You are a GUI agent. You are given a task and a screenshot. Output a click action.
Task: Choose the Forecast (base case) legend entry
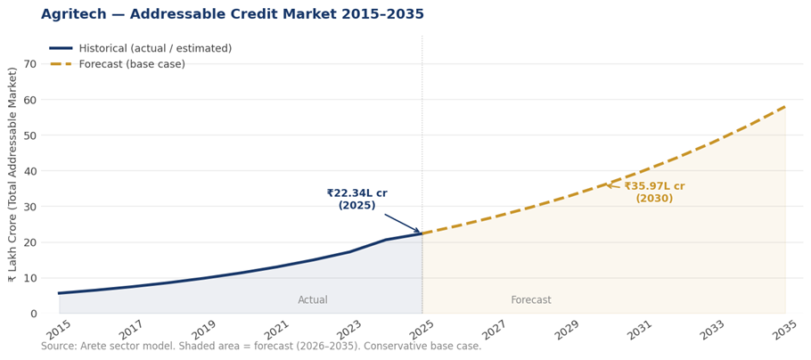[x=131, y=64]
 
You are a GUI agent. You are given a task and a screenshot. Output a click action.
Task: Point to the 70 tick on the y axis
[x=30, y=64]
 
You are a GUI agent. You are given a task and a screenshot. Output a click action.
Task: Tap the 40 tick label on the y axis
[x=30, y=171]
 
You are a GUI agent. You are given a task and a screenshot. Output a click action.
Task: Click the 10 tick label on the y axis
[x=30, y=278]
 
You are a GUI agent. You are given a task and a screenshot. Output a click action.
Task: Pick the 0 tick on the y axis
[x=33, y=314]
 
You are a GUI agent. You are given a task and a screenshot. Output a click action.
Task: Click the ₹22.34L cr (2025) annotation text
[x=356, y=199]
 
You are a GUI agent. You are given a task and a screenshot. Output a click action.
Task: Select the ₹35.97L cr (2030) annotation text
[x=654, y=192]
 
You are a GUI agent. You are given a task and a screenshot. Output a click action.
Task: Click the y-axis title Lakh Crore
[x=12, y=175]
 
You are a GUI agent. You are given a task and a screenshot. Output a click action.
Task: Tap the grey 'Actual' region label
[x=313, y=300]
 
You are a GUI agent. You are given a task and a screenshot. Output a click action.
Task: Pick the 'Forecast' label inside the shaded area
[x=531, y=300]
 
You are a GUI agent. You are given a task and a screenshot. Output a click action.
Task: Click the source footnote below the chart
[x=261, y=347]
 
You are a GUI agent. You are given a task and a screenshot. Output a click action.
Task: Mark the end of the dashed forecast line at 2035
[x=785, y=106]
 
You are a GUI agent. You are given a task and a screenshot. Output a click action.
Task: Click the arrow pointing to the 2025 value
[x=403, y=224]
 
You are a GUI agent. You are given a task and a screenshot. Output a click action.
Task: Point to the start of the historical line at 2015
[x=60, y=293]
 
